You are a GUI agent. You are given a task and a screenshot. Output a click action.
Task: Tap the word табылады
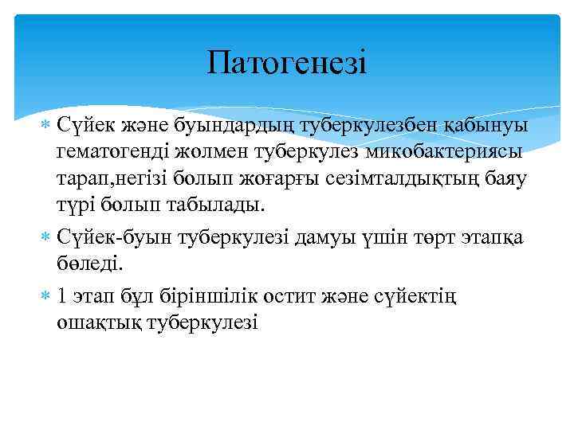[x=214, y=205]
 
